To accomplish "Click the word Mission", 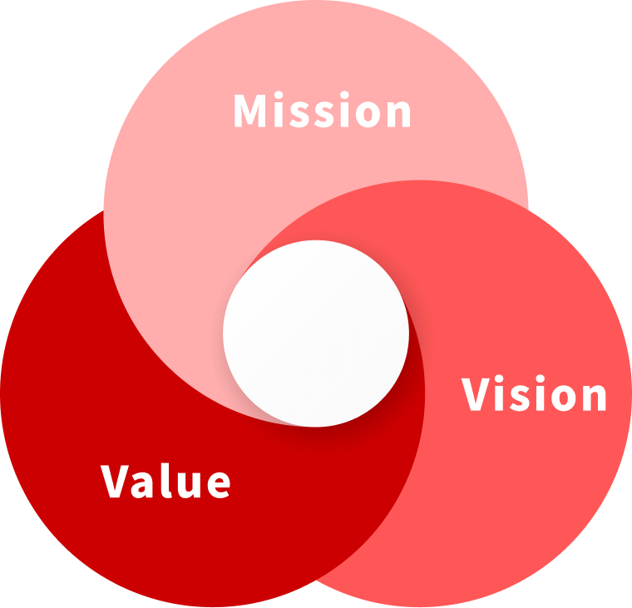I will tap(322, 111).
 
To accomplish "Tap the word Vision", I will tap(534, 395).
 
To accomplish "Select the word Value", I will tap(165, 481).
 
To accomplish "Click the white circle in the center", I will tap(316, 333).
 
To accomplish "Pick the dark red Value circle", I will tap(125, 374).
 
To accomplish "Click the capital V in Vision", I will tap(478, 395).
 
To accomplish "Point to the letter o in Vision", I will tap(562, 398).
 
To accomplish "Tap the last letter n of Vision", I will tap(594, 398).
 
